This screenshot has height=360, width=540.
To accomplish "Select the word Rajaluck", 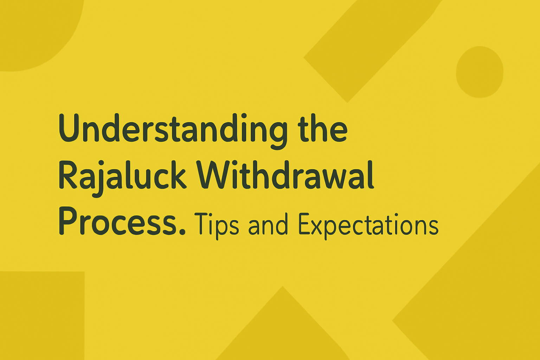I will pyautogui.click(x=122, y=176).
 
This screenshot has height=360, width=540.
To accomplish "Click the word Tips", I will pyautogui.click(x=216, y=224).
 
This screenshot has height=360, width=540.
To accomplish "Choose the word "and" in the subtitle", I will pyautogui.click(x=268, y=225).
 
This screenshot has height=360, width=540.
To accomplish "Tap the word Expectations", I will pyautogui.click(x=368, y=225).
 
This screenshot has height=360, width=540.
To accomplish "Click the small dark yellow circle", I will pyautogui.click(x=480, y=72).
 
